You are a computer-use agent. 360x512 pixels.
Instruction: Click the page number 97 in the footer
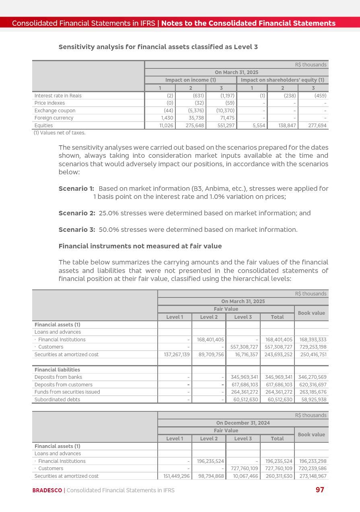(320, 490)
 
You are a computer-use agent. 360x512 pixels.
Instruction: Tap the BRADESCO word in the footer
(47, 490)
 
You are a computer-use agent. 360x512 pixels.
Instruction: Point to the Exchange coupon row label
(55, 111)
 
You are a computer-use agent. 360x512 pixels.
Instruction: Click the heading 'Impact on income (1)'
(190, 80)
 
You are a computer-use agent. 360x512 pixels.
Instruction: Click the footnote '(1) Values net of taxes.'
(60, 132)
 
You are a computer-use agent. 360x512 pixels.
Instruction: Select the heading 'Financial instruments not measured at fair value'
(140, 246)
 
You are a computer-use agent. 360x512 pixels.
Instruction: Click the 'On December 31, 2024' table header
(243, 423)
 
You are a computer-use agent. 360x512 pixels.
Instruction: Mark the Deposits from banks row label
(58, 377)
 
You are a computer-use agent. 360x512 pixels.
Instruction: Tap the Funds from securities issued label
(67, 392)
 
